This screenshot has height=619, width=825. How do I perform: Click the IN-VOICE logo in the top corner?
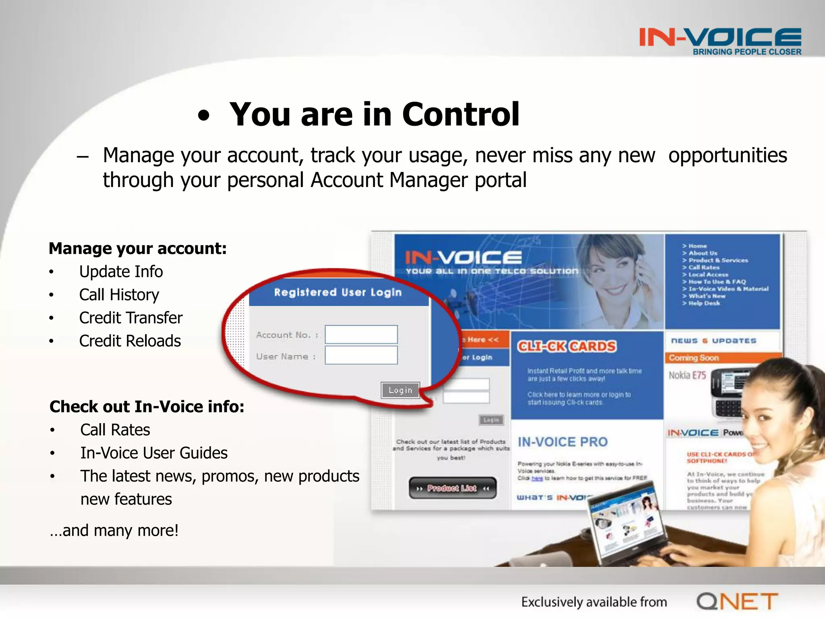(x=720, y=41)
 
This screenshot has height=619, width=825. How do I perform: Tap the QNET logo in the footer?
(x=737, y=602)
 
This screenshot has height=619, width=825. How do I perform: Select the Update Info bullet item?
(x=121, y=272)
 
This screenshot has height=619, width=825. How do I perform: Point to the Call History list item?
(x=119, y=295)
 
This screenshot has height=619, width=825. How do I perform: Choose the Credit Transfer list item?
(x=131, y=318)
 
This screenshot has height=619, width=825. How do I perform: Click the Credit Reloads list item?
(x=130, y=341)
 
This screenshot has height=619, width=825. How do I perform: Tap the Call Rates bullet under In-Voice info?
(x=115, y=430)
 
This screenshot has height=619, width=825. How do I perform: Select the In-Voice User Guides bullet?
(x=153, y=453)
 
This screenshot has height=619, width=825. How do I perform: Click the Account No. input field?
(x=361, y=334)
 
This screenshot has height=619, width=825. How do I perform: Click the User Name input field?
(x=361, y=355)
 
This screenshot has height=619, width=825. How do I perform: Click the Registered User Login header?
(x=338, y=292)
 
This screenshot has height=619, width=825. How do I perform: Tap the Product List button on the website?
(x=452, y=488)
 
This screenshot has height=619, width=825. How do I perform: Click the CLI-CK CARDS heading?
(x=566, y=347)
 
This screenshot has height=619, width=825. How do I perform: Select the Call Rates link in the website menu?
(x=703, y=267)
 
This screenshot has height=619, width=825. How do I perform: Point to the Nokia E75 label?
(x=687, y=376)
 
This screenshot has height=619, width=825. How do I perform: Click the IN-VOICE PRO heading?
(x=562, y=442)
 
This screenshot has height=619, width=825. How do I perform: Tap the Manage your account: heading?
(x=137, y=249)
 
